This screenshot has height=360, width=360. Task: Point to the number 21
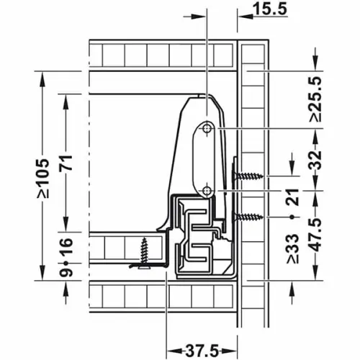point(291,197)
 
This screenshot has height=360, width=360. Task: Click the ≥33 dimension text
point(291,247)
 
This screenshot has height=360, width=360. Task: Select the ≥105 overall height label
point(44,178)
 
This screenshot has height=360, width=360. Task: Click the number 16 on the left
point(66,247)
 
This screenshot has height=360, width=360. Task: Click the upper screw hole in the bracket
point(207,127)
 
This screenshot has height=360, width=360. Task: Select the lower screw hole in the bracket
point(207,190)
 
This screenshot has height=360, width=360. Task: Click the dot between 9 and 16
point(66,262)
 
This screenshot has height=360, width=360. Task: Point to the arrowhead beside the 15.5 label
point(243,10)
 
